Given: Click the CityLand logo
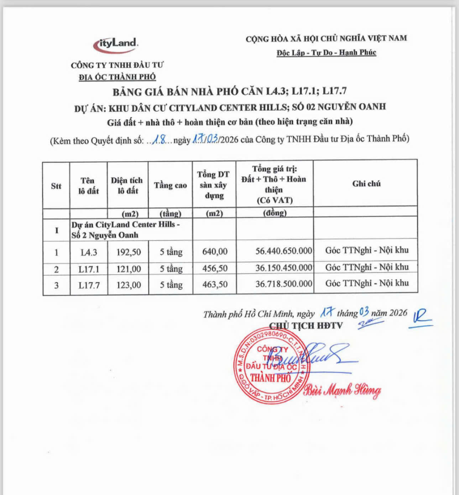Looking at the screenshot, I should (x=116, y=45).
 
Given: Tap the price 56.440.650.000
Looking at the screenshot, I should (x=283, y=251).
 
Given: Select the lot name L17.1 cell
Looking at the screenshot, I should (x=89, y=269).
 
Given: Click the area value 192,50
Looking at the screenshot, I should (x=129, y=252).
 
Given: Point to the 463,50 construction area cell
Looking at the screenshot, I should (x=215, y=285).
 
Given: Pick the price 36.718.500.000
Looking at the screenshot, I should (x=283, y=284).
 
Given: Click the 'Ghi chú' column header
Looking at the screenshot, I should (x=366, y=184).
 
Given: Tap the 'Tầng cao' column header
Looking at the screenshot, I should (x=170, y=185).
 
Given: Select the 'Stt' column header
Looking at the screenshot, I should (x=56, y=186).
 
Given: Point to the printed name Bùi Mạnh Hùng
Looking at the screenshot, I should (x=342, y=390).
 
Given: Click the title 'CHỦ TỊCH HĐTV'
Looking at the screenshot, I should (x=306, y=325).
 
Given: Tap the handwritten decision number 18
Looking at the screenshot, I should (x=159, y=140).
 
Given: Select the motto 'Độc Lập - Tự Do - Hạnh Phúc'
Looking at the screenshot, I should (x=326, y=53).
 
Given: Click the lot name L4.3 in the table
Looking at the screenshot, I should (x=89, y=252).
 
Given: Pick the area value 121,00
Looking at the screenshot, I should (x=129, y=269).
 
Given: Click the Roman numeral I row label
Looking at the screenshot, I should (x=56, y=230).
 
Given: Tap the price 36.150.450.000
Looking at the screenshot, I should (x=283, y=268).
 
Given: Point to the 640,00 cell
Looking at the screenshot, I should (x=215, y=252).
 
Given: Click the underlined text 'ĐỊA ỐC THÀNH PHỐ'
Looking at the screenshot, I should (x=117, y=77).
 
